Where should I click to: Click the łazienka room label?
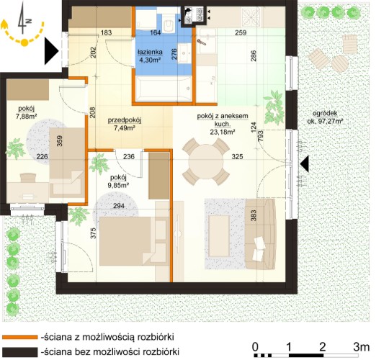[150, 52]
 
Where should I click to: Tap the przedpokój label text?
[125, 120]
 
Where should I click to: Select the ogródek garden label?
[325, 113]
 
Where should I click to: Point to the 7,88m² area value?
[26, 116]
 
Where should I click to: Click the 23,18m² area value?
[223, 132]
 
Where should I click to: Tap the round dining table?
[205, 162]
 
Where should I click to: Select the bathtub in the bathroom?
[163, 89]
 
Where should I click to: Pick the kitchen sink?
[207, 40]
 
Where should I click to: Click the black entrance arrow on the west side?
[51, 51]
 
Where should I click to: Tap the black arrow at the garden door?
[304, 164]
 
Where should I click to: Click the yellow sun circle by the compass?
[24, 42]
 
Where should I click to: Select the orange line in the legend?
[20, 337]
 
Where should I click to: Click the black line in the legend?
[20, 352]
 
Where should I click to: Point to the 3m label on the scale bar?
[361, 346]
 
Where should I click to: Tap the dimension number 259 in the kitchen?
[241, 32]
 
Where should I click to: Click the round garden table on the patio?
[339, 63]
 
